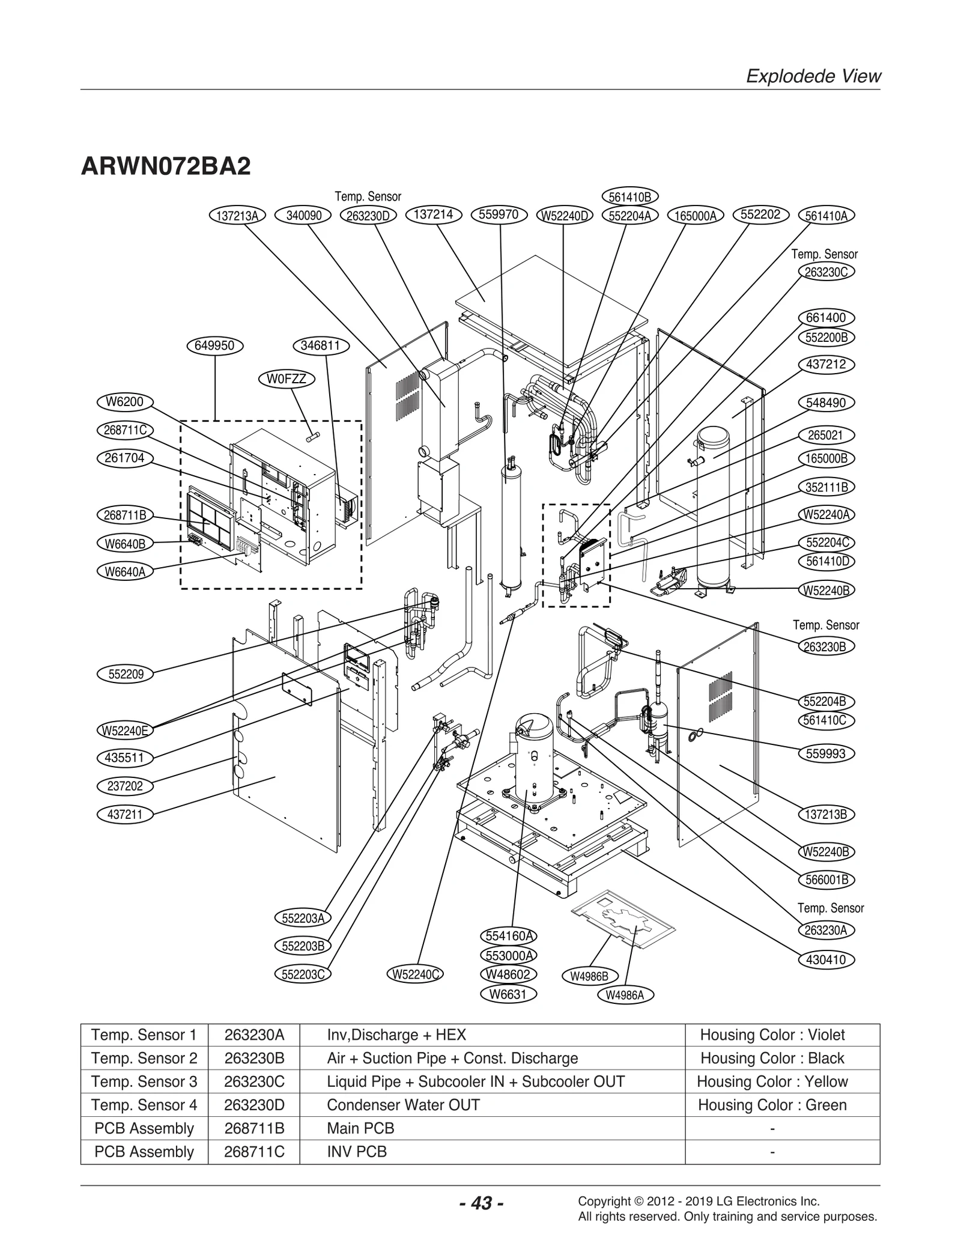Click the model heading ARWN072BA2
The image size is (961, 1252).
(x=166, y=166)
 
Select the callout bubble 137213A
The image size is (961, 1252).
(x=237, y=216)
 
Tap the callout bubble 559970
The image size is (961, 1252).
(x=499, y=214)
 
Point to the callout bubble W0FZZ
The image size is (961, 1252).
(x=286, y=379)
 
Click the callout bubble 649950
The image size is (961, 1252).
(x=214, y=345)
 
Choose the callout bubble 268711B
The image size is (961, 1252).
(x=125, y=515)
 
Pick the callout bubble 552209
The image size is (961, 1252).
(x=126, y=674)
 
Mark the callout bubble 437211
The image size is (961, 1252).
(x=125, y=814)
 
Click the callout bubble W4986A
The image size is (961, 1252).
(x=625, y=995)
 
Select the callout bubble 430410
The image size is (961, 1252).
(x=826, y=959)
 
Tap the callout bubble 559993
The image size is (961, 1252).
(x=826, y=753)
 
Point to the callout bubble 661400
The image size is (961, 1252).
(x=826, y=318)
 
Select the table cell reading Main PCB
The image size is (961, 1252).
(x=360, y=1128)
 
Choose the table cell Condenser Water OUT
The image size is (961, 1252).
(x=403, y=1105)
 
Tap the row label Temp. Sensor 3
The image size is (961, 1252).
(x=144, y=1081)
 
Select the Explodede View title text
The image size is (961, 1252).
(x=813, y=76)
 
